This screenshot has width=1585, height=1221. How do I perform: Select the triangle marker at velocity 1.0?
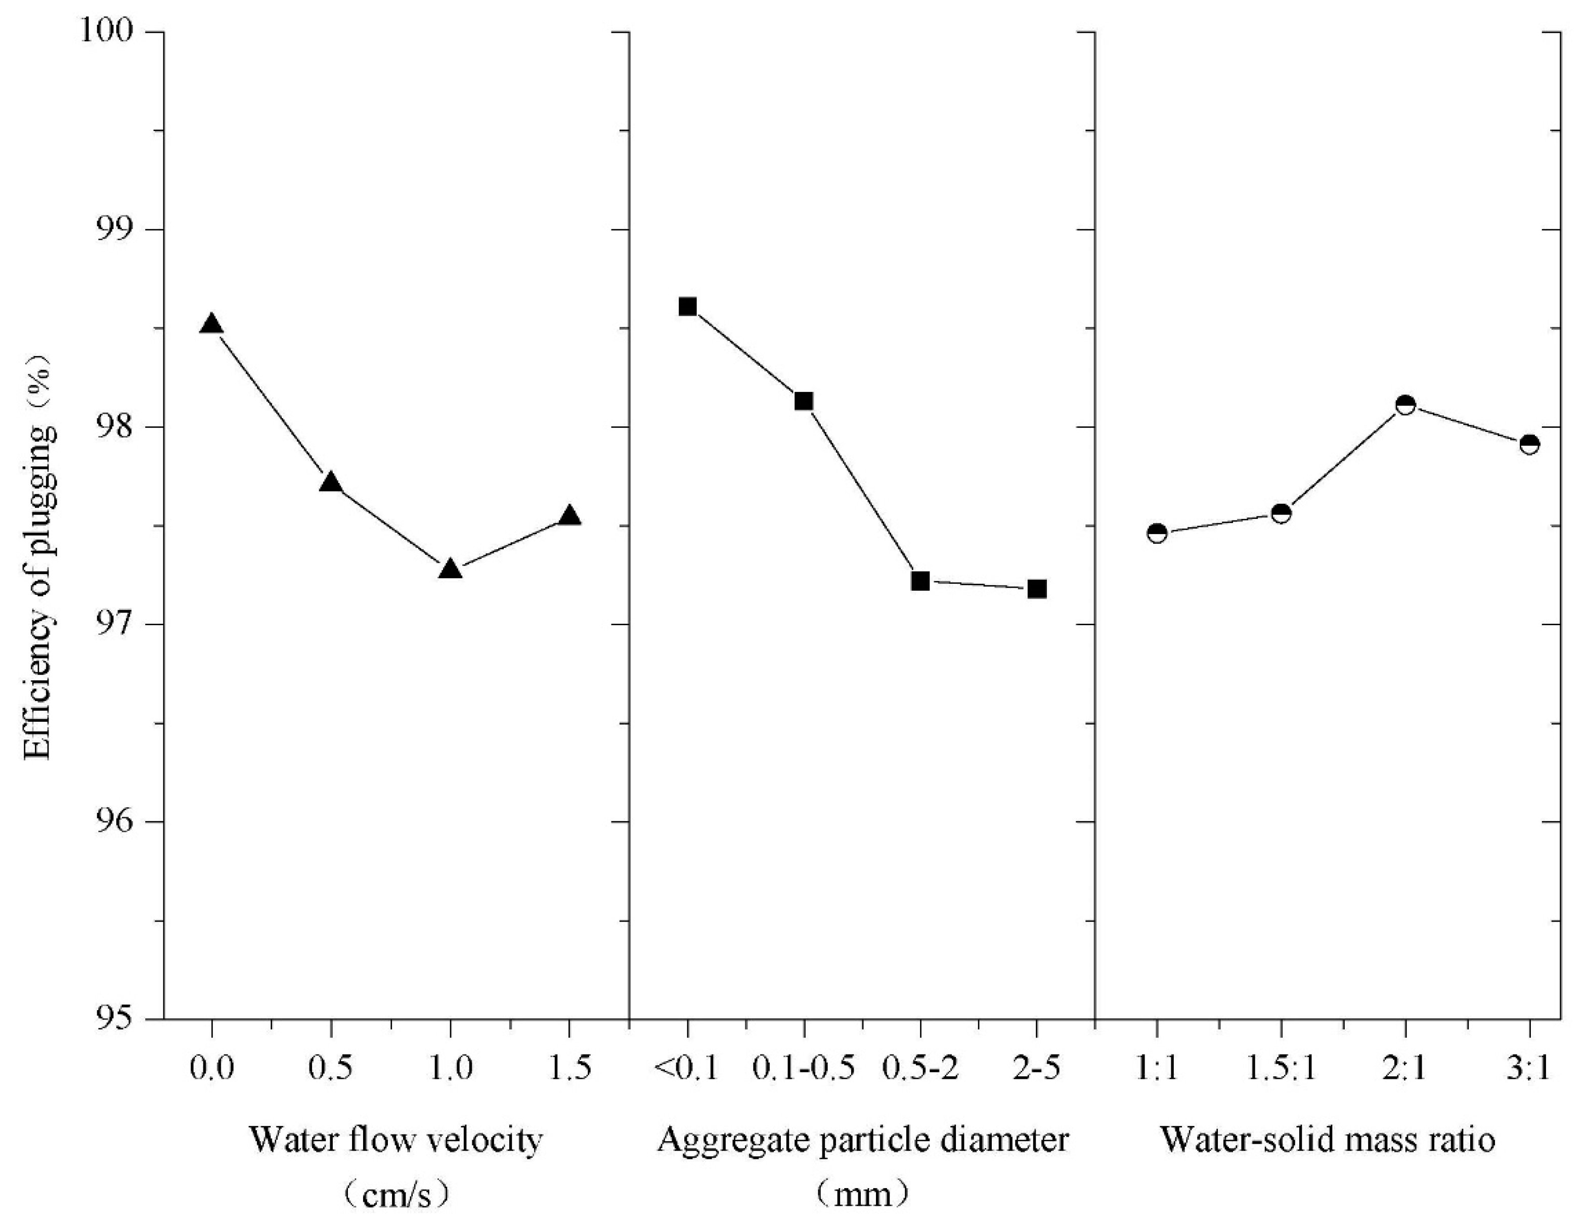coord(450,569)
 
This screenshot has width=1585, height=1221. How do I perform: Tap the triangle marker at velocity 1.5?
coord(569,516)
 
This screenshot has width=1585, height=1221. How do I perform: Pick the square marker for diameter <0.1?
coord(687,307)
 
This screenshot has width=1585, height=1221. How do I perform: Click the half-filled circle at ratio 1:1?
coord(1157,534)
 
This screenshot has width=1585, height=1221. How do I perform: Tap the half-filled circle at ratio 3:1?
coord(1529,444)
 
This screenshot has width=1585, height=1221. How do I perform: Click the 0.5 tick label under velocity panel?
coord(331,1069)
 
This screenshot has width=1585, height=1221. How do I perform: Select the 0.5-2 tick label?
coord(920,1069)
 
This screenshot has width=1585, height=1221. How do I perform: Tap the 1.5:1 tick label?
coord(1282,1069)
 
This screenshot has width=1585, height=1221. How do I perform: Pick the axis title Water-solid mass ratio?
coord(1328,1140)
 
